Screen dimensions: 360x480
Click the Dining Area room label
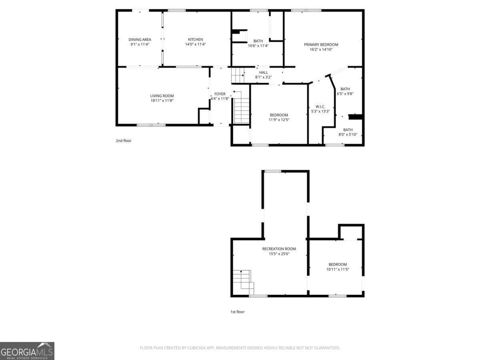point(140,39)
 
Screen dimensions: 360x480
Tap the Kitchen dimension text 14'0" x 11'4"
point(195,44)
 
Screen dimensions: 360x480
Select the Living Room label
point(162,96)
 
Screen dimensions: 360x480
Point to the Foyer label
point(220,94)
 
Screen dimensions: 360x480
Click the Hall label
point(264,72)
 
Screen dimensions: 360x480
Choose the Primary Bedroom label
point(321,44)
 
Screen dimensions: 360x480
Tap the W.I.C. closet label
point(320,106)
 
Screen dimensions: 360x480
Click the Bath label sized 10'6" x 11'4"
point(258,41)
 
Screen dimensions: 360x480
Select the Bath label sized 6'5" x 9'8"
point(345,89)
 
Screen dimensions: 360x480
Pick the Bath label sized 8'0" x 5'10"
point(348,130)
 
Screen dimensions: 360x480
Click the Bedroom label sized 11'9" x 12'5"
point(279,115)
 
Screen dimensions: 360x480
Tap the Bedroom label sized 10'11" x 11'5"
point(338,264)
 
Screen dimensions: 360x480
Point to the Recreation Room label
point(279,249)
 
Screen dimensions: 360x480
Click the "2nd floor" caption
point(124,141)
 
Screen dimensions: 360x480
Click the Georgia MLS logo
point(27,351)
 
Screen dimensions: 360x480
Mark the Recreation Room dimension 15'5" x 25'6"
point(279,254)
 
